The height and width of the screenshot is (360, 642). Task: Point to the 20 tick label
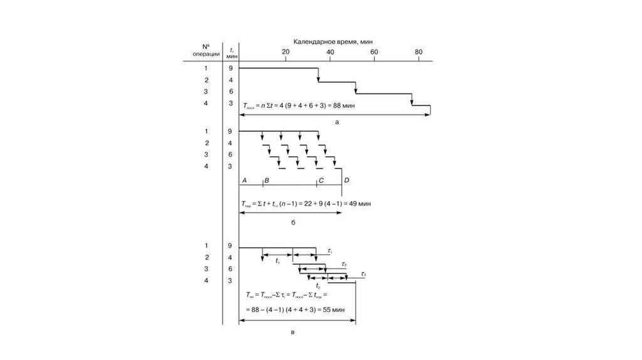(x=285, y=51)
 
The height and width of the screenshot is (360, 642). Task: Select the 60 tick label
(x=374, y=51)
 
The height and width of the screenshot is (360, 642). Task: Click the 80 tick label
(x=419, y=51)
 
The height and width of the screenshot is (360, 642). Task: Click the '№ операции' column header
(x=206, y=50)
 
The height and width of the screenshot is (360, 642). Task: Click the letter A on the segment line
(x=245, y=181)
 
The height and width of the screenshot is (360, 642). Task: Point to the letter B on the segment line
(x=266, y=181)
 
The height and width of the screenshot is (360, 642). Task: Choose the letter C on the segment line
(x=321, y=181)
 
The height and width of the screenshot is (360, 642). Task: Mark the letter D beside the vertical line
(x=347, y=181)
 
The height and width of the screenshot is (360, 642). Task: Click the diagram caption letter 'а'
(x=337, y=123)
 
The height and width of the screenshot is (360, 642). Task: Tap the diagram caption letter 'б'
(x=292, y=223)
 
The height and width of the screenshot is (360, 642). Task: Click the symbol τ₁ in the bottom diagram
(x=330, y=251)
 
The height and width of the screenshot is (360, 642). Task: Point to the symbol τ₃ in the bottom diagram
(x=364, y=275)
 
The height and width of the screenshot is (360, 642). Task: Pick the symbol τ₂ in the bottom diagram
(x=344, y=264)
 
